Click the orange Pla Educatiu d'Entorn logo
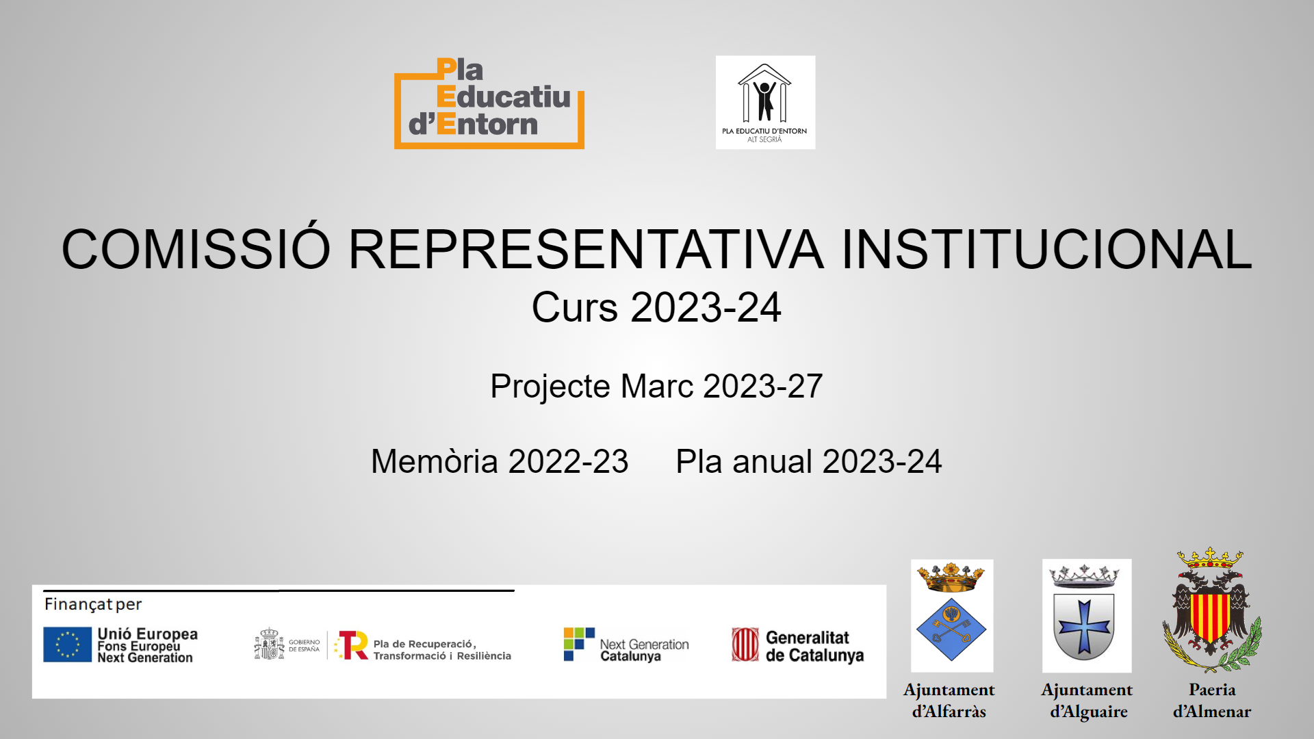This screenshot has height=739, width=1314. pyautogui.click(x=489, y=103)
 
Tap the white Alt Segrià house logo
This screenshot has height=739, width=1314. pyautogui.click(x=765, y=102)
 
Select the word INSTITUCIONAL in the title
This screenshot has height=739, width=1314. pyautogui.click(x=1047, y=249)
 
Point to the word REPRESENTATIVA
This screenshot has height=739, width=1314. pyautogui.click(x=587, y=249)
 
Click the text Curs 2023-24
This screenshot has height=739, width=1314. pyautogui.click(x=656, y=307)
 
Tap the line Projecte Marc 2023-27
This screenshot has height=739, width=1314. pyautogui.click(x=656, y=387)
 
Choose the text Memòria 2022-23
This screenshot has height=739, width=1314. pyautogui.click(x=500, y=461)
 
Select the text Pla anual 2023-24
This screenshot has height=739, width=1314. pyautogui.click(x=809, y=461)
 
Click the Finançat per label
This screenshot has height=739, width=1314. pyautogui.click(x=93, y=604)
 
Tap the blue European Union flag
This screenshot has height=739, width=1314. pyautogui.click(x=67, y=645)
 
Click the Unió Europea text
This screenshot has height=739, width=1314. pyautogui.click(x=148, y=634)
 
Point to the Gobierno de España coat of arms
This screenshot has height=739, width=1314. pyautogui.click(x=269, y=644)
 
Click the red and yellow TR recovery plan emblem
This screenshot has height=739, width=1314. pyautogui.click(x=352, y=645)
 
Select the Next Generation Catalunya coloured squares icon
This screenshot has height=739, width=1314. pyautogui.click(x=579, y=644)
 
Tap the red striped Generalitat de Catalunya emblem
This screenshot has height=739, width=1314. pyautogui.click(x=745, y=645)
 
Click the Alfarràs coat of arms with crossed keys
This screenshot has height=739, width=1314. pyautogui.click(x=952, y=616)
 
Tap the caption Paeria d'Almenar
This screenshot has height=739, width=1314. pyautogui.click(x=1212, y=701)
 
